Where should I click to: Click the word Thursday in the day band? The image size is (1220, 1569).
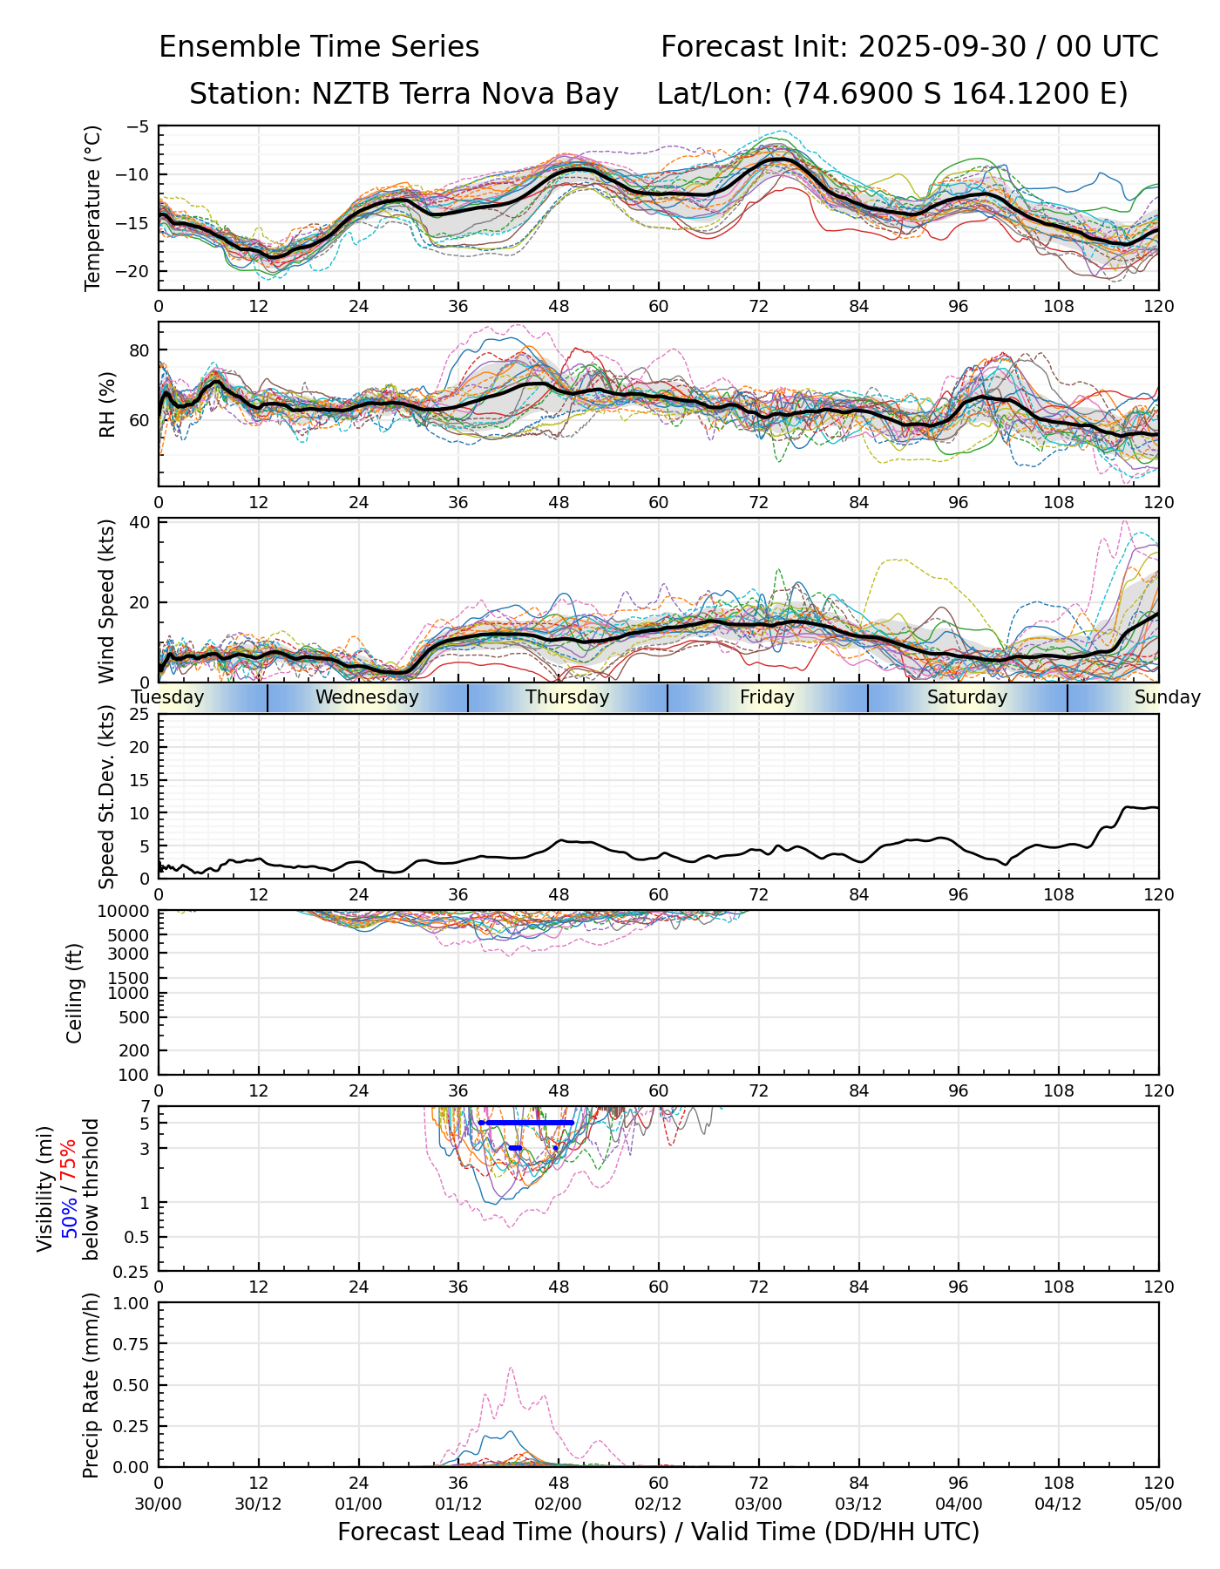(567, 697)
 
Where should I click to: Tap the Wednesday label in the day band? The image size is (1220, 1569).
(367, 697)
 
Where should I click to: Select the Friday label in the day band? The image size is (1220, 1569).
(767, 697)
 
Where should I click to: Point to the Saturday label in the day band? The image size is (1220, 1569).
(966, 697)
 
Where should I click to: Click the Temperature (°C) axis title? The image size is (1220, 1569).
(93, 207)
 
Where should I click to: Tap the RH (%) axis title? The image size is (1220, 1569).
(107, 404)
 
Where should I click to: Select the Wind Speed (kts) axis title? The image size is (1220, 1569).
(107, 601)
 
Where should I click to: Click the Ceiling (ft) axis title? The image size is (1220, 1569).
(75, 993)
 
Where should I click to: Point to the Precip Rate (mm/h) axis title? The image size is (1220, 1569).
(91, 1385)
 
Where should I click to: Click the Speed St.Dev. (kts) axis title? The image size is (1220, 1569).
(107, 797)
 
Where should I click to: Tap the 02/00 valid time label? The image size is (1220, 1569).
(559, 1504)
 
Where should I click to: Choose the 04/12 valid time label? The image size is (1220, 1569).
(1059, 1504)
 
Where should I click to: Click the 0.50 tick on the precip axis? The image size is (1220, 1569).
(133, 1385)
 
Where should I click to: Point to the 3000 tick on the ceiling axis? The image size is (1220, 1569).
(132, 954)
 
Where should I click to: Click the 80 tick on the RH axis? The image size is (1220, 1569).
(140, 350)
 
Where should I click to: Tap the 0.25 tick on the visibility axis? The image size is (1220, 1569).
(133, 1271)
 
